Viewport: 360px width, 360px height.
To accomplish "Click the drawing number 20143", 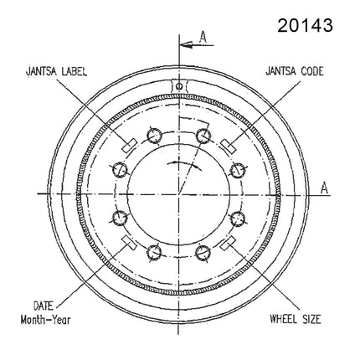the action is (x=305, y=25).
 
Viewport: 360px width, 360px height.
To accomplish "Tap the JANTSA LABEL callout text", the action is (x=56, y=71).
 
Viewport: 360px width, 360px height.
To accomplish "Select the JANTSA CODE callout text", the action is (x=295, y=71).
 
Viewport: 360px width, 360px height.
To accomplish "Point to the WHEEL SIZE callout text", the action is (x=296, y=319).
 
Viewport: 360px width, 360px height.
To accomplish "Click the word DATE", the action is (x=44, y=306).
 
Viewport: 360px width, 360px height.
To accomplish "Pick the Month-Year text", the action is (x=45, y=320).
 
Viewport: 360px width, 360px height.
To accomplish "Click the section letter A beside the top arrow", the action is (x=203, y=37).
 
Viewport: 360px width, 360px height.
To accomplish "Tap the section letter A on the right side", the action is (x=324, y=188).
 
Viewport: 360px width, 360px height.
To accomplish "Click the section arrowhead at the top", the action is (x=186, y=44).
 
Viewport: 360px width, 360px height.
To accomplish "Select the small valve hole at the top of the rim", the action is (x=179, y=86).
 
